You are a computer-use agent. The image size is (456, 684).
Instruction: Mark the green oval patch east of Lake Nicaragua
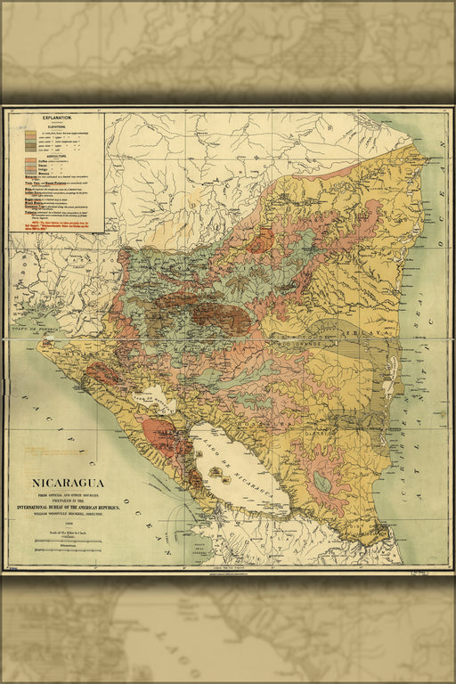point(322,484)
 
